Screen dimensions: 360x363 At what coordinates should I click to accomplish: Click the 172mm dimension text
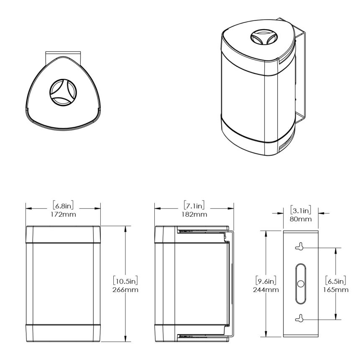63,214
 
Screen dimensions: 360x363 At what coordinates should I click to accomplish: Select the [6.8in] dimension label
63,205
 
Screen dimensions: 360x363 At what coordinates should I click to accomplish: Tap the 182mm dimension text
194,214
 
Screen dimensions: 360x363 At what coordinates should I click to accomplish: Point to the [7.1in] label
194,205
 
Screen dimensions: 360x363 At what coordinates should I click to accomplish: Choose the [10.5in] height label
126,280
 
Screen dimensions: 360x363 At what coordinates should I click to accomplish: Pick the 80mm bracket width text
300,218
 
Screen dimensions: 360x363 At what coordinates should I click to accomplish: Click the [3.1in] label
300,209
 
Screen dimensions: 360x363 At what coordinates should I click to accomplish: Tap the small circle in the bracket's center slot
300,284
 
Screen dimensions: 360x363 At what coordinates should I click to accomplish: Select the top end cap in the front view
63,234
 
